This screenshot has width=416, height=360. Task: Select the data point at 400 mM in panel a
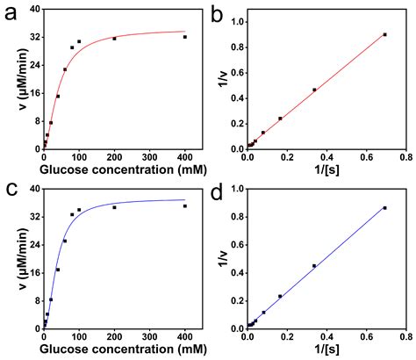click(185, 37)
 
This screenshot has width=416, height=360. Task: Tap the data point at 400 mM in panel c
click(185, 206)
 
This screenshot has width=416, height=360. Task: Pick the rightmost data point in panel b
click(384, 34)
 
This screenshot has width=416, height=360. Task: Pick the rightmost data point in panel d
click(384, 208)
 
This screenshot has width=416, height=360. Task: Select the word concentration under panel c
click(140, 349)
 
